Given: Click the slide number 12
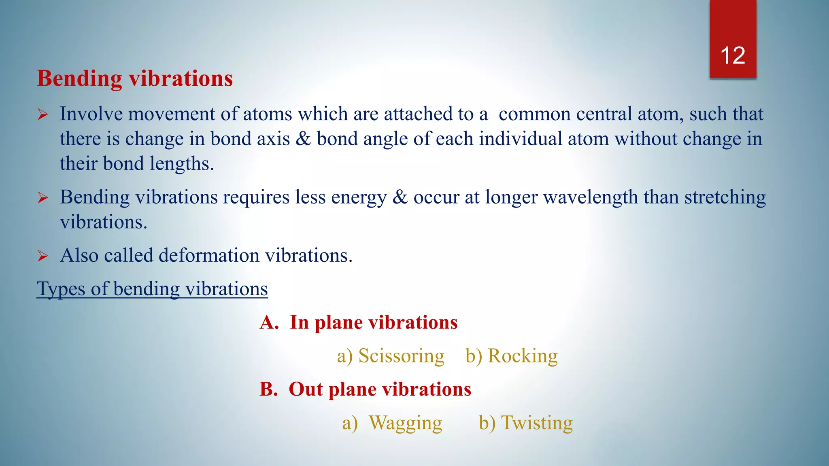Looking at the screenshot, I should tap(733, 55).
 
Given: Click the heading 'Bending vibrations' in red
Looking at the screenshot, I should tap(135, 78).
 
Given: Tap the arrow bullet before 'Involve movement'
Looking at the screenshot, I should tap(43, 115).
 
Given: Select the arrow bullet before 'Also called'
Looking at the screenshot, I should tap(43, 256).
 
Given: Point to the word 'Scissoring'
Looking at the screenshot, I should tap(401, 356).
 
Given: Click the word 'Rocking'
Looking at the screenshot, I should tap(523, 356).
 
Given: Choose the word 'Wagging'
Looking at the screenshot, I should tap(405, 423).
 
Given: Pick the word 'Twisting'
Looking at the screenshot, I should tap(537, 423).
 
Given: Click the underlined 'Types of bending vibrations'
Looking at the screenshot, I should tap(152, 289).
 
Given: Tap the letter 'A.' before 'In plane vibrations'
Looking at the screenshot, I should tap(269, 323).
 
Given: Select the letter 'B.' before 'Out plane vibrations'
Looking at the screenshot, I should tap(269, 390).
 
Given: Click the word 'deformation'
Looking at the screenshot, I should tap(209, 256).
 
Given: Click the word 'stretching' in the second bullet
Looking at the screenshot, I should tap(725, 197).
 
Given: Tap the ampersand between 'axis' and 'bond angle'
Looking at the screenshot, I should tap(303, 139).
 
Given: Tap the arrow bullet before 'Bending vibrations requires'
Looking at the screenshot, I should tap(43, 198).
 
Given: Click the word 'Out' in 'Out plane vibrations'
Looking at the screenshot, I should tap(306, 390).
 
